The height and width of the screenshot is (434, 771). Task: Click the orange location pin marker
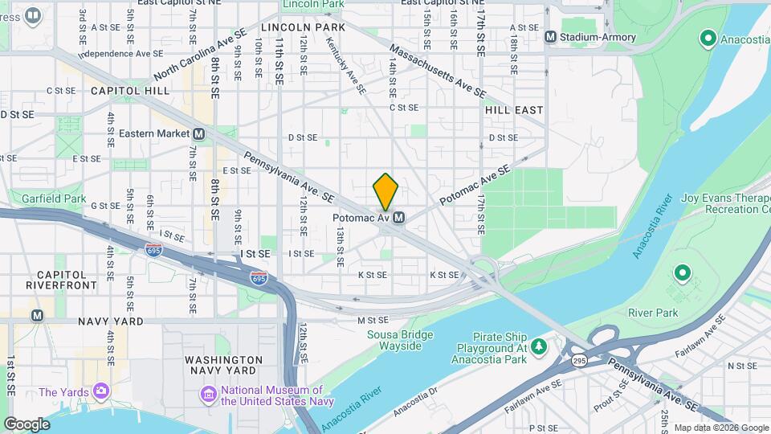pos(385,191)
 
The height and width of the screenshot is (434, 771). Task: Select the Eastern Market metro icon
pos(198,133)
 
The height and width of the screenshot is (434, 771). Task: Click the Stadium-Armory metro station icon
pos(550,36)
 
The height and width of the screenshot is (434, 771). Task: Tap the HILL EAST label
pos(514,109)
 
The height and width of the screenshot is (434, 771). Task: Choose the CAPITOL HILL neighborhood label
pos(130,91)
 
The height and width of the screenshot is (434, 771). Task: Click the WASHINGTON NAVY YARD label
pos(223,365)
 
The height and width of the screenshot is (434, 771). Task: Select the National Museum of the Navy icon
pos(208,394)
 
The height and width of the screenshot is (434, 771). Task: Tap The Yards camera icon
pos(101,391)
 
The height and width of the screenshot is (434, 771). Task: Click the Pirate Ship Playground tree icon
pos(540,346)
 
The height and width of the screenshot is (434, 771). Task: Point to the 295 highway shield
pos(579,362)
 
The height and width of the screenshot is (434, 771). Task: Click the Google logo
pos(27,424)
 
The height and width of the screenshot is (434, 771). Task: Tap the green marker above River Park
pos(683,274)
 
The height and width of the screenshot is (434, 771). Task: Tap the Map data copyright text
pos(720,428)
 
